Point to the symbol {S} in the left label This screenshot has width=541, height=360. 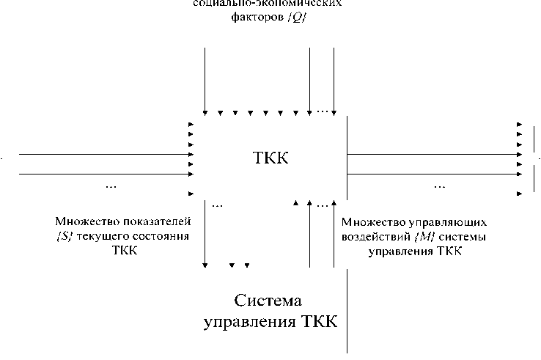click(62, 235)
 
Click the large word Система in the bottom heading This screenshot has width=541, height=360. click(269, 301)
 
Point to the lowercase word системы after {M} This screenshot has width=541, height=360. click(458, 236)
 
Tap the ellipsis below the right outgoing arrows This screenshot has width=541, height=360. click(439, 186)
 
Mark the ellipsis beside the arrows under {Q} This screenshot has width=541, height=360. click(323, 111)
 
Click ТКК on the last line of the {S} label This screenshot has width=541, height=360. click(122, 249)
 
